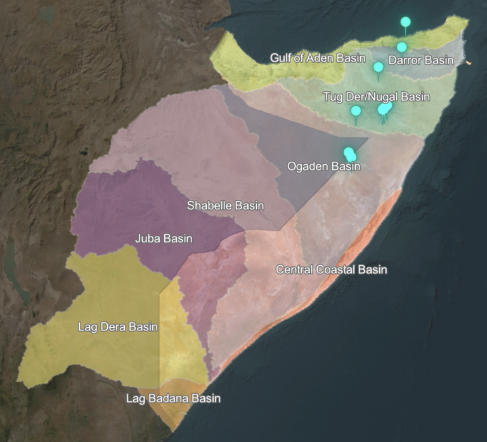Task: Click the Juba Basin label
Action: pos(164,238)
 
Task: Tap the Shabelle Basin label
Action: pos(225,205)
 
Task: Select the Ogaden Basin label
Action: pos(323,167)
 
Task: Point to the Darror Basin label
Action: pos(420,61)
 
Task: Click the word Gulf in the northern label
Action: pos(282,58)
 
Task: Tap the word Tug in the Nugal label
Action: pos(333,97)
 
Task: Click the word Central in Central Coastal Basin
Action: pos(294,270)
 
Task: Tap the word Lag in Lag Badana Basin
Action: pos(135,398)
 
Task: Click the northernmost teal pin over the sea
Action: pos(405,22)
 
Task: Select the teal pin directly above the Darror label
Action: pos(401,47)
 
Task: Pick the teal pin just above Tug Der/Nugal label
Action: pos(378,67)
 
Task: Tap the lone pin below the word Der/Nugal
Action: pos(356,112)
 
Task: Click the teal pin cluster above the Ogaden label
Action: pos(349,154)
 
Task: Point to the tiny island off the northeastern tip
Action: pos(469,62)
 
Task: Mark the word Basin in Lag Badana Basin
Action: pos(204,398)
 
